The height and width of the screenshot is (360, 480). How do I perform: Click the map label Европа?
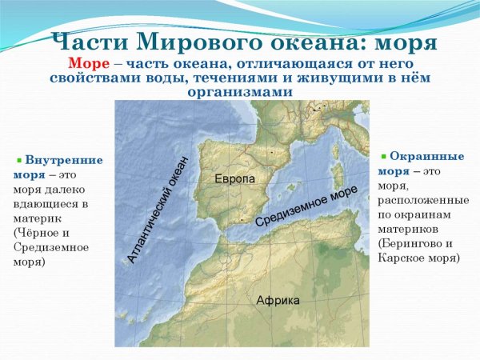pos(234,179)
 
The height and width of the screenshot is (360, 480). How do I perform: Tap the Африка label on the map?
pos(278,301)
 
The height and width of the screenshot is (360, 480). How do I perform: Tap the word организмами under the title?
pos(239,92)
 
